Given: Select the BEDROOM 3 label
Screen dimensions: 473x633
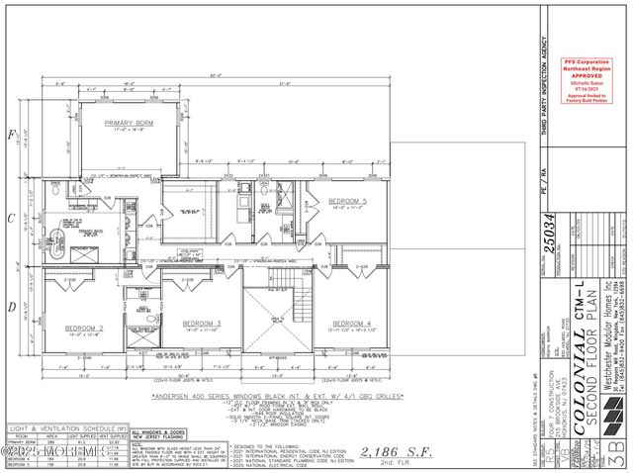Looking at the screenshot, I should click(202, 323).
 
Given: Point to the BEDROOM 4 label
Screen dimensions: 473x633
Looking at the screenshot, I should click(352, 324).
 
